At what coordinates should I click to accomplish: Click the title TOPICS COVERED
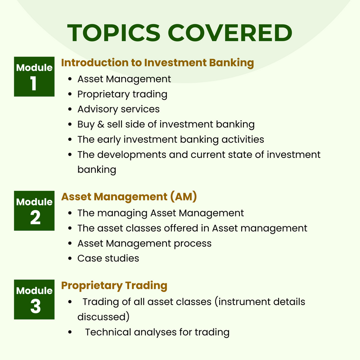point(180,33)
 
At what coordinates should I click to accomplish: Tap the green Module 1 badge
point(34,76)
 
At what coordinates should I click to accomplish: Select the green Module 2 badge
point(34,211)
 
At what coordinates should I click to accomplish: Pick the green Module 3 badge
point(34,299)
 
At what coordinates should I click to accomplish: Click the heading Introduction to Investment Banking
point(157,63)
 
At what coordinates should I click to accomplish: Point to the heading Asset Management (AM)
point(129,197)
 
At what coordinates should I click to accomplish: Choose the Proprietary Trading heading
point(114,285)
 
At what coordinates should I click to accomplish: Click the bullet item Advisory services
point(118,109)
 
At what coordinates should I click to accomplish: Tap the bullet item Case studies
point(108,258)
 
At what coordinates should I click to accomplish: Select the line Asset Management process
point(144,243)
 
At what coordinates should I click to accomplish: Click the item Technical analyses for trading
point(157,332)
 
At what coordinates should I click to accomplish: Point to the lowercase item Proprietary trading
point(122,94)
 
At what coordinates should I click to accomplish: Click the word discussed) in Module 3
point(103,316)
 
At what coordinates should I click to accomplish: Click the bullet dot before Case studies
point(70,258)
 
